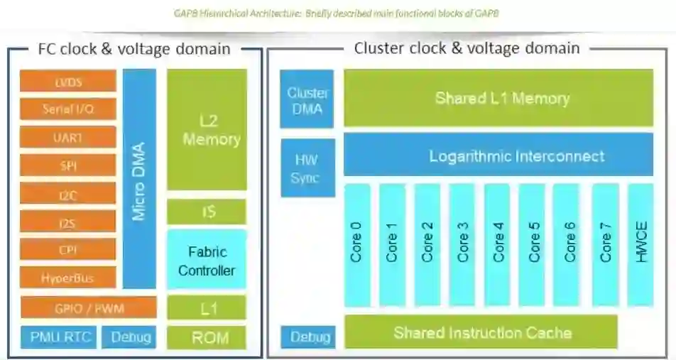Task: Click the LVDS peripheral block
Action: [x=68, y=81]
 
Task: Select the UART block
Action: [x=68, y=137]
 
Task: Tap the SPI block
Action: [x=68, y=165]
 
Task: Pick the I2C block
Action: [x=68, y=193]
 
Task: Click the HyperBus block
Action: [x=68, y=277]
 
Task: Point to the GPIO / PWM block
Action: [x=88, y=308]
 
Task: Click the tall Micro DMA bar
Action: [x=139, y=178]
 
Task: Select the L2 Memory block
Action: [x=207, y=129]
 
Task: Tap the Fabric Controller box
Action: [x=207, y=260]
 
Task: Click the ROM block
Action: [x=207, y=337]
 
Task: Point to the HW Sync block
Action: [x=307, y=168]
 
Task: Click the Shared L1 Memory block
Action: [x=498, y=98]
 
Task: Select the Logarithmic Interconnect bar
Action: [x=498, y=154]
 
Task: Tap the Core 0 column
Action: [x=357, y=244]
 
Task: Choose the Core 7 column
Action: [x=606, y=244]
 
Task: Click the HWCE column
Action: [x=641, y=244]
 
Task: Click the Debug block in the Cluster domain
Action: [x=307, y=337]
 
